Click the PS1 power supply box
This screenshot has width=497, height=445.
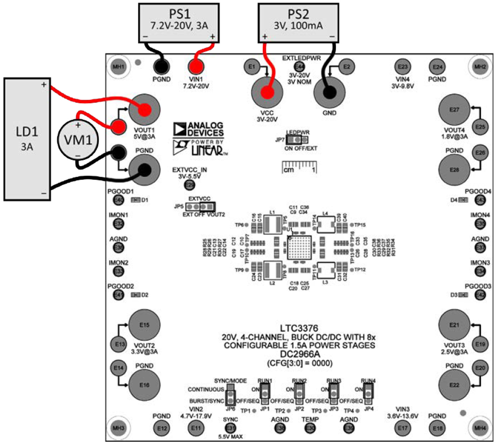179,23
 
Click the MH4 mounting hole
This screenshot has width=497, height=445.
478,427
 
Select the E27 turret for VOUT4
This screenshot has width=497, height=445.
455,110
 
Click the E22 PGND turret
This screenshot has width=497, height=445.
455,384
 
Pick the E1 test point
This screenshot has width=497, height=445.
252,67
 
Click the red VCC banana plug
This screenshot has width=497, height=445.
267,92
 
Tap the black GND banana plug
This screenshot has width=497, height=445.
329,92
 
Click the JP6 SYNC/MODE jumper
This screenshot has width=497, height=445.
231,394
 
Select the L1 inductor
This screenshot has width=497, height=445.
272,224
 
